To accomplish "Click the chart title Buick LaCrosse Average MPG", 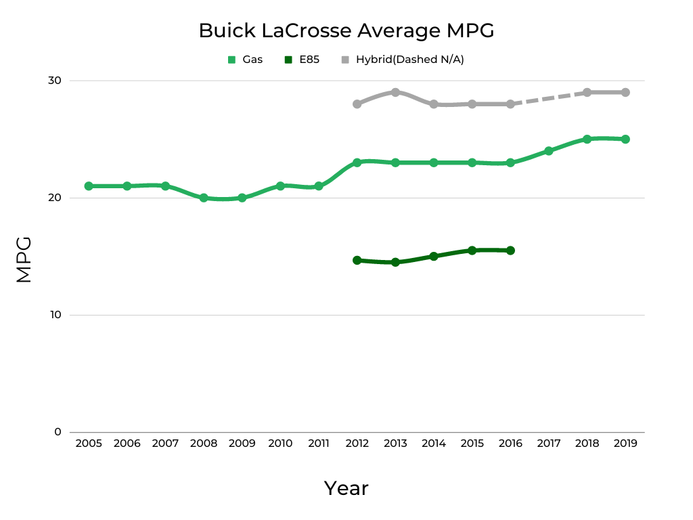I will coord(346,30).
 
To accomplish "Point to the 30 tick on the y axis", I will coord(54,81).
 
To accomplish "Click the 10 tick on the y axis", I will coord(54,315).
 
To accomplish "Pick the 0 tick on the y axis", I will coord(57,432).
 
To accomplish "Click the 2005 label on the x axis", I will coord(89,443).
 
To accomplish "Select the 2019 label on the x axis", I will coord(625,443).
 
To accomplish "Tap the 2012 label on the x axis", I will coord(357,443).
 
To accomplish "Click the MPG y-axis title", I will coord(24,259).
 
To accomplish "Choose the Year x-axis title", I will coord(346,488).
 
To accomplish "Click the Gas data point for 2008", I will coord(204,198).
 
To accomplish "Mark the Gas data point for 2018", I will coord(587,139).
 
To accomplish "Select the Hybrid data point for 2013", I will coord(395,92).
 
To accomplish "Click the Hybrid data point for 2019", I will coord(625,92).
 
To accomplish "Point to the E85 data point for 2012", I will coord(357,260).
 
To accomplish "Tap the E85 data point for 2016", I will coord(510,251).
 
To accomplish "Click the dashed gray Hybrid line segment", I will coord(548,98).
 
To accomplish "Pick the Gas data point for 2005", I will coord(89,186).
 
